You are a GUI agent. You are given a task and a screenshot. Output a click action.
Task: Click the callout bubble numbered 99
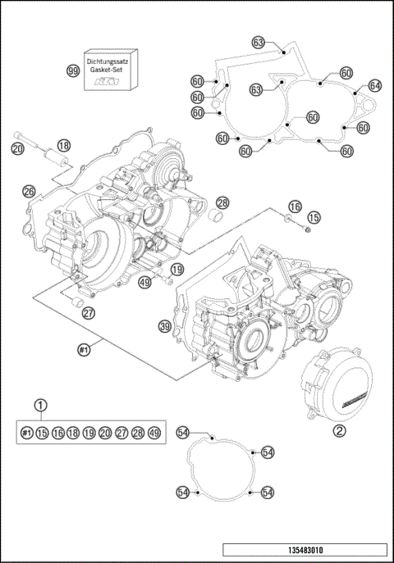click(73, 71)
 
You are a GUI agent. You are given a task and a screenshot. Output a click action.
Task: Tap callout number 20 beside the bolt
click(17, 148)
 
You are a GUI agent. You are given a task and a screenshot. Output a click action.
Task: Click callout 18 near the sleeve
click(64, 145)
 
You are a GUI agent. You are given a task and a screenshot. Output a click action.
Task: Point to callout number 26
click(29, 191)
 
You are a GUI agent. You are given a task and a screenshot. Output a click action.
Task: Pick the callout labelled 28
click(222, 203)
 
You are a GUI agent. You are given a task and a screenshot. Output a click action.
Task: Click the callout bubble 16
click(295, 206)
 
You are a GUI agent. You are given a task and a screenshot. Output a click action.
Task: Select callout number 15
click(314, 218)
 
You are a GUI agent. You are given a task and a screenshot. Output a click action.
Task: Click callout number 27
click(88, 312)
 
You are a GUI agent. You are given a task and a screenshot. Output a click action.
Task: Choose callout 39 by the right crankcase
click(165, 326)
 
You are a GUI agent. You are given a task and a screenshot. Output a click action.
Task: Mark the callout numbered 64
click(375, 85)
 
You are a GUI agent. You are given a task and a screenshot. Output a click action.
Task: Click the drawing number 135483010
click(304, 550)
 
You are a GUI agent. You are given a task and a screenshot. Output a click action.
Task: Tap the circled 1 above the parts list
click(40, 405)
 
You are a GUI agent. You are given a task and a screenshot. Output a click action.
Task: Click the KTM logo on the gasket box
click(105, 83)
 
